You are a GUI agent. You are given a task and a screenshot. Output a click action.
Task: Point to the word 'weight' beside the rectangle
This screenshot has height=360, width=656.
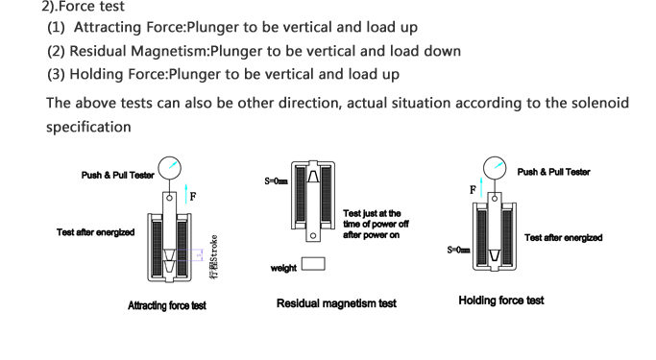pyautogui.click(x=283, y=268)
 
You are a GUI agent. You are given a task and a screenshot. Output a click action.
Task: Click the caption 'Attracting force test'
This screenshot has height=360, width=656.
pyautogui.click(x=167, y=305)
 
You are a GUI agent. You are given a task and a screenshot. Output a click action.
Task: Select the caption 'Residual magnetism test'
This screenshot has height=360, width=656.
pyautogui.click(x=336, y=303)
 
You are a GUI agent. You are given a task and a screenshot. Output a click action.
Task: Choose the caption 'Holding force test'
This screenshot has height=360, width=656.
pyautogui.click(x=501, y=300)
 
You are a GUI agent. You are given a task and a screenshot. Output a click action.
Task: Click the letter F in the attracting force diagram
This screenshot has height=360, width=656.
pyautogui.click(x=193, y=197)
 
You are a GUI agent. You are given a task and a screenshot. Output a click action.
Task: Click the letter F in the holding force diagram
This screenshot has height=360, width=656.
pyautogui.click(x=473, y=190)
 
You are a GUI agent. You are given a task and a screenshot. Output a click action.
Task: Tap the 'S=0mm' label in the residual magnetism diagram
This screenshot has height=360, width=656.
pyautogui.click(x=276, y=181)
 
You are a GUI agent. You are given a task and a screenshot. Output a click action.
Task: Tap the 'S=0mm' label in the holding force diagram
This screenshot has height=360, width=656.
pyautogui.click(x=458, y=250)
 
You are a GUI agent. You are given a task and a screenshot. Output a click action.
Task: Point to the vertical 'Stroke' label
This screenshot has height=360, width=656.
pyautogui.click(x=214, y=256)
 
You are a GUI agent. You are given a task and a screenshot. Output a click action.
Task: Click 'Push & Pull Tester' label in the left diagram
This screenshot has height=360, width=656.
pyautogui.click(x=118, y=175)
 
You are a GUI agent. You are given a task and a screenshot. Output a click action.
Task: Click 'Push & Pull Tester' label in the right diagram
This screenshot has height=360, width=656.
pyautogui.click(x=553, y=172)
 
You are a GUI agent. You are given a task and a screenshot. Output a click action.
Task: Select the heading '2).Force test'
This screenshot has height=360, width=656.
pyautogui.click(x=83, y=7)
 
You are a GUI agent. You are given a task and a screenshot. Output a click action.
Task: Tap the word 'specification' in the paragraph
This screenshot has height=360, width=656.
pyautogui.click(x=88, y=127)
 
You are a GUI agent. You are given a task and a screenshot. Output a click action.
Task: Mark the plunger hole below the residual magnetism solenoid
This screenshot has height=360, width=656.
pyautogui.click(x=313, y=236)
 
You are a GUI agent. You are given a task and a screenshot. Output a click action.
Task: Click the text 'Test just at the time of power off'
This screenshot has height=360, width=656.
pyautogui.click(x=376, y=219)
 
